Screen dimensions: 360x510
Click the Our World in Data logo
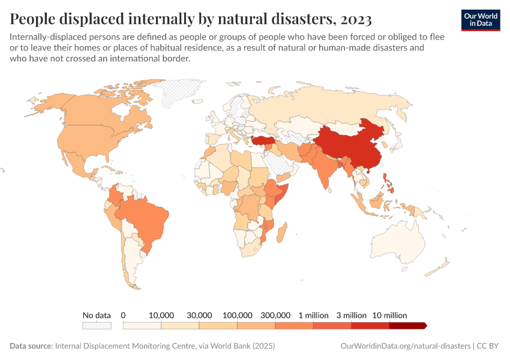click(x=481, y=19)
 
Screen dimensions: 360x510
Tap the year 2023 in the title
click(x=355, y=19)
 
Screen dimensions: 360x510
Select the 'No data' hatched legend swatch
click(x=97, y=326)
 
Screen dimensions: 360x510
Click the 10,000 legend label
click(x=161, y=315)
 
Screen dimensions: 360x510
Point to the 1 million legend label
click(x=313, y=315)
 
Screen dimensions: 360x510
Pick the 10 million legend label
click(x=389, y=315)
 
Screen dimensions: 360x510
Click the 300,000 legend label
click(x=275, y=315)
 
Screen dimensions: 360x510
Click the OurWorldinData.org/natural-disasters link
click(x=404, y=346)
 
